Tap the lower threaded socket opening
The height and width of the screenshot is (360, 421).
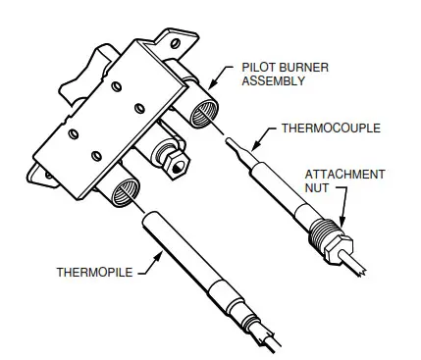(127, 189)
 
